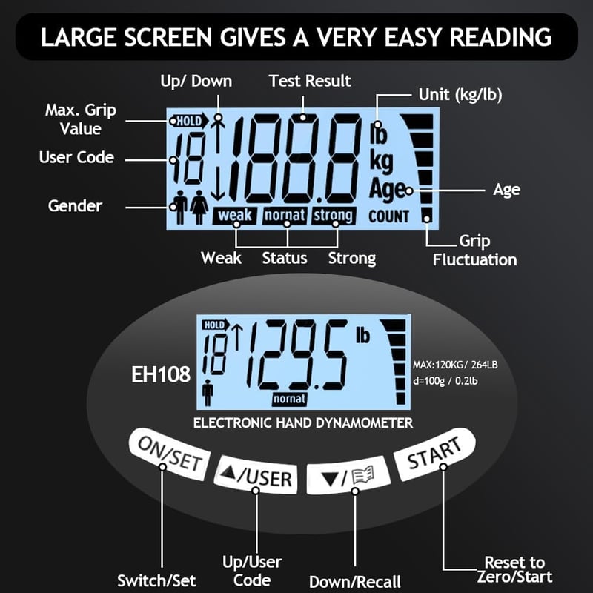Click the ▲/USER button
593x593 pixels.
click(256, 475)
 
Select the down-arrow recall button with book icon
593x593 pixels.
click(348, 475)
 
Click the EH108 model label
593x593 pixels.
click(161, 375)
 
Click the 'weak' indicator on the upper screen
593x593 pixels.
click(234, 216)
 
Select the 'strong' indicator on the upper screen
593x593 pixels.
click(334, 216)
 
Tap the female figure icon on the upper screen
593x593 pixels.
click(199, 207)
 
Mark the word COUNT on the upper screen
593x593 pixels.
click(388, 216)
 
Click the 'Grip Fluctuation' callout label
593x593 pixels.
click(474, 251)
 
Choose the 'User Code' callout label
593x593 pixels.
click(76, 157)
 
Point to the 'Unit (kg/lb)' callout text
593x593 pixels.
click(460, 95)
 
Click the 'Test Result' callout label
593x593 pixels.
click(310, 81)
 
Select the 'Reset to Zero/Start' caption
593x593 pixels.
click(514, 569)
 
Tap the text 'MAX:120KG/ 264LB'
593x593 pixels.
click(455, 365)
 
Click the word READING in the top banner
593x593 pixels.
click(500, 38)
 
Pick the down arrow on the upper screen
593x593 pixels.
click(218, 183)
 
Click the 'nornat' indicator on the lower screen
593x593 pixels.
click(289, 399)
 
